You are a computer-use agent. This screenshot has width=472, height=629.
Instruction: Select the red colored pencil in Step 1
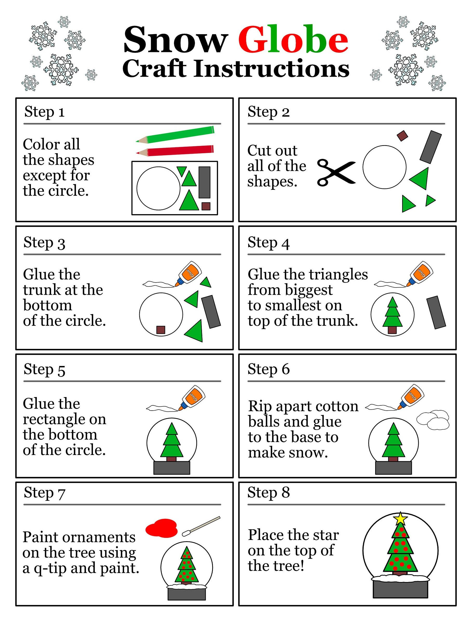(176, 151)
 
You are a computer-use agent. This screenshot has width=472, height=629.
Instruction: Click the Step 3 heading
(44, 243)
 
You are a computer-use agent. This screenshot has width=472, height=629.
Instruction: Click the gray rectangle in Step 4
(436, 312)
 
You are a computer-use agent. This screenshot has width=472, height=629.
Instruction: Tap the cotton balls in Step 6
(433, 420)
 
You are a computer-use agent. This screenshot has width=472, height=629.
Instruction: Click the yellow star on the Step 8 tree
(400, 518)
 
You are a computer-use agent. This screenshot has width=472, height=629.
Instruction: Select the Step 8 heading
(268, 492)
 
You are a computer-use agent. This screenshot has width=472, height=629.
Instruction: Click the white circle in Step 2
(385, 167)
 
